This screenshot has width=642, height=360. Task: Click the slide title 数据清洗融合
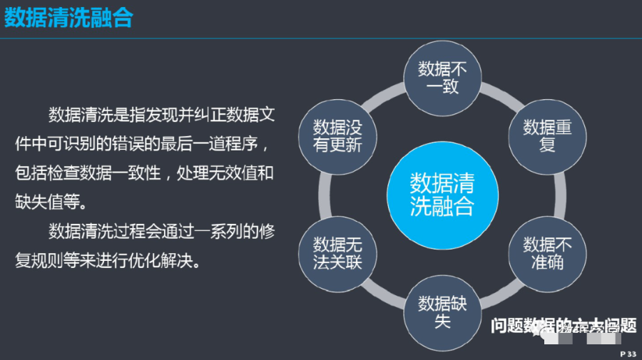tap(68, 18)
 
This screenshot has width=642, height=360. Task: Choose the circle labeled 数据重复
tap(547, 135)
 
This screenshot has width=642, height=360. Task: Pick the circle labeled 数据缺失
tap(442, 311)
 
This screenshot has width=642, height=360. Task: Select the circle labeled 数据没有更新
tap(337, 135)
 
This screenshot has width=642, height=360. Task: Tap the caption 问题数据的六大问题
tap(563, 326)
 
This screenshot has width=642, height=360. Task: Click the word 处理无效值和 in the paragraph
tap(231, 173)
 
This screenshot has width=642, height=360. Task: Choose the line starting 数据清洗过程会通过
tap(161, 232)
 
